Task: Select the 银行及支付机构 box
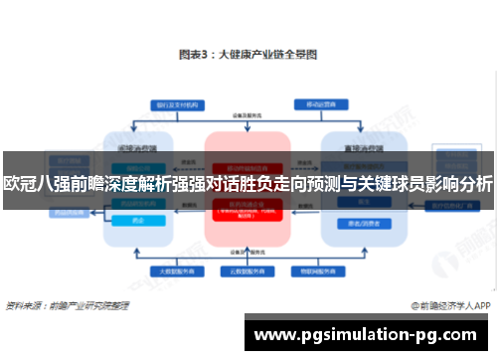point(173,104)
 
